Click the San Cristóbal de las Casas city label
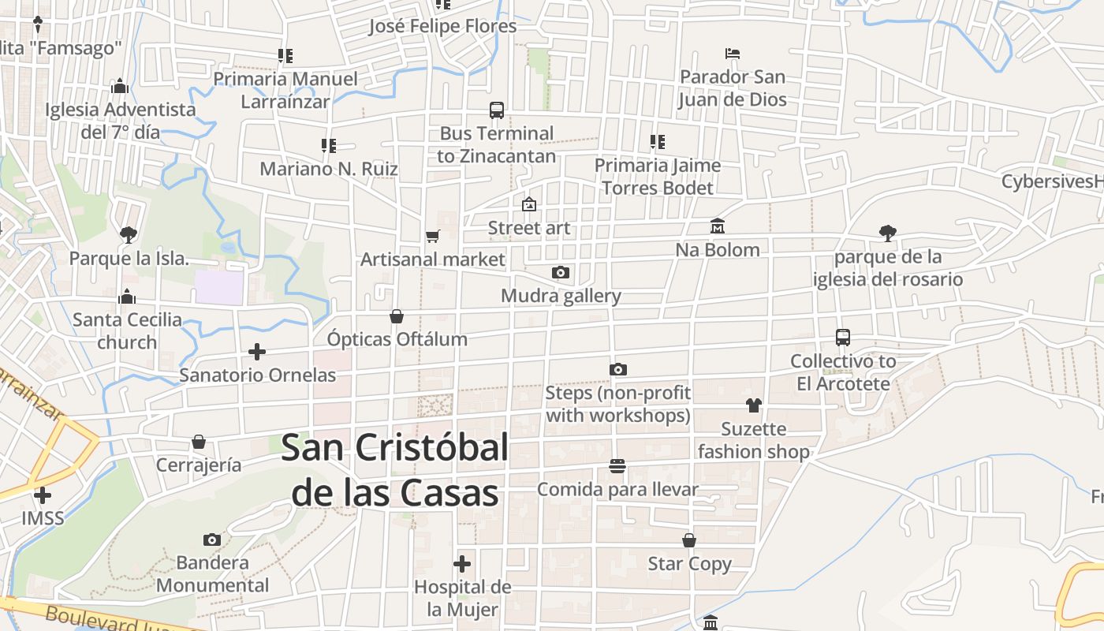click(x=395, y=470)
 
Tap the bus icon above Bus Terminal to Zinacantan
click(x=497, y=110)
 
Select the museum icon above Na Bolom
click(x=718, y=226)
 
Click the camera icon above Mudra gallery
click(x=561, y=273)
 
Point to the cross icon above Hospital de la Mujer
click(x=463, y=564)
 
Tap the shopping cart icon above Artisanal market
click(x=432, y=236)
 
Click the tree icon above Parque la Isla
click(x=129, y=234)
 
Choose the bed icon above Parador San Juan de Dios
click(x=733, y=54)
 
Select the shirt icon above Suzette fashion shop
click(x=754, y=405)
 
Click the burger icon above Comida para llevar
click(x=617, y=466)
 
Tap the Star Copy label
click(x=689, y=564)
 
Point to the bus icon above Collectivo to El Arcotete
click(x=843, y=338)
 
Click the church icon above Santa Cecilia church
click(x=127, y=297)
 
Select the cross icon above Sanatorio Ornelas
click(x=257, y=352)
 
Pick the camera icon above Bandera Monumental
click(x=212, y=540)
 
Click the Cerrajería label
click(x=199, y=465)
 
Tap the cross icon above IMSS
click(x=43, y=495)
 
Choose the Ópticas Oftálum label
click(x=397, y=339)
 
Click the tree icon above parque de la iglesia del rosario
click(x=888, y=233)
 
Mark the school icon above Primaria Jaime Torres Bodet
click(x=658, y=142)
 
